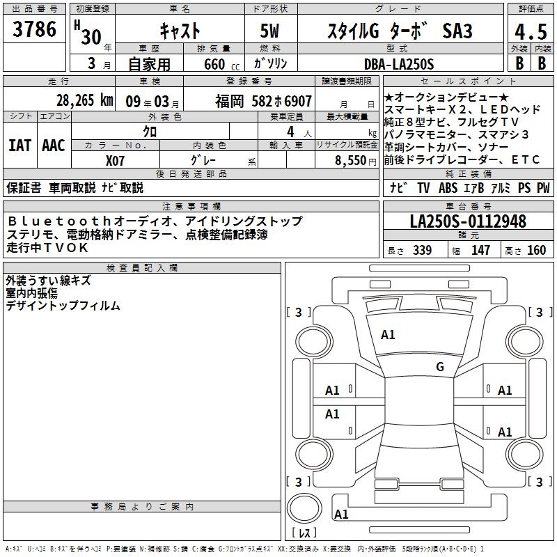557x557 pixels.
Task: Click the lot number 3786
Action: click(x=34, y=29)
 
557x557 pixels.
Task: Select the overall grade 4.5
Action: click(x=531, y=32)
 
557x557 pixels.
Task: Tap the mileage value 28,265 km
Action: click(x=85, y=100)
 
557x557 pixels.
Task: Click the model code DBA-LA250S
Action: click(x=399, y=64)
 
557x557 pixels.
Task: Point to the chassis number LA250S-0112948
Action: click(x=468, y=221)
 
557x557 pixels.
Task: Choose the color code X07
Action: click(x=115, y=161)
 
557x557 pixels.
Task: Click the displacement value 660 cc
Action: click(x=221, y=65)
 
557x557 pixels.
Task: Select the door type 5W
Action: click(x=269, y=31)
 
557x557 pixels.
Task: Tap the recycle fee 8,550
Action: click(x=351, y=161)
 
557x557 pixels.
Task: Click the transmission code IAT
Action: click(x=20, y=146)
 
